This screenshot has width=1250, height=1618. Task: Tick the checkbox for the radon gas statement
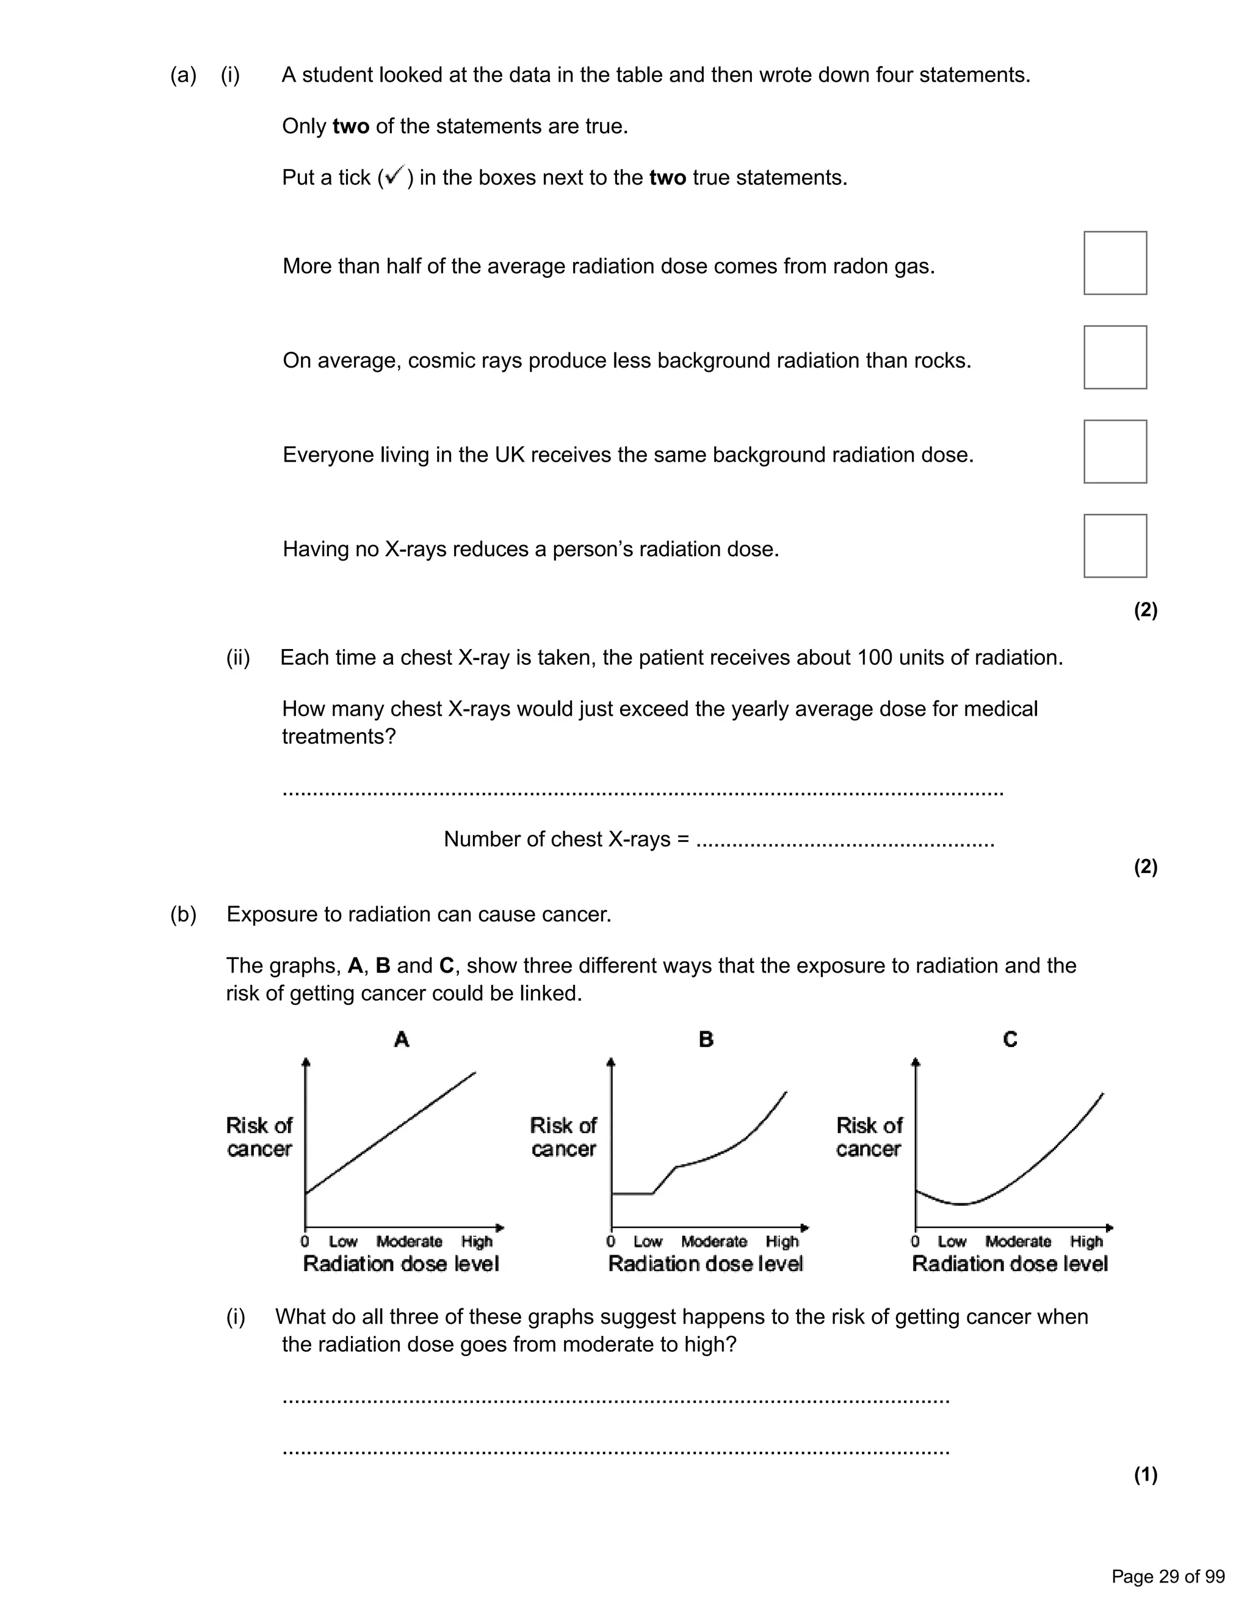pos(1115,263)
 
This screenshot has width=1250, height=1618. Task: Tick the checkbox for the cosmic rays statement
pos(1115,357)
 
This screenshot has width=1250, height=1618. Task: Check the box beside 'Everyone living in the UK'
pos(1115,451)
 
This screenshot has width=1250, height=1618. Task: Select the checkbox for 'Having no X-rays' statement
pos(1115,545)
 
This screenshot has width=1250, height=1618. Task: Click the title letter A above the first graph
pos(402,1039)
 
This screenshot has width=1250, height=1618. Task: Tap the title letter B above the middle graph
pos(706,1039)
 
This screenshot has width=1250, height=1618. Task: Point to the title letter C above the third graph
pos(1010,1039)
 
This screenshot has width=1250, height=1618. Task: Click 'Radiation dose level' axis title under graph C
pos(1010,1264)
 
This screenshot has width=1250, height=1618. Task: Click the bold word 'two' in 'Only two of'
pos(350,126)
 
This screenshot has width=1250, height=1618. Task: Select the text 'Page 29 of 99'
pos(1168,1576)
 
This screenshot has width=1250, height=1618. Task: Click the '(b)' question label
pos(184,914)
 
